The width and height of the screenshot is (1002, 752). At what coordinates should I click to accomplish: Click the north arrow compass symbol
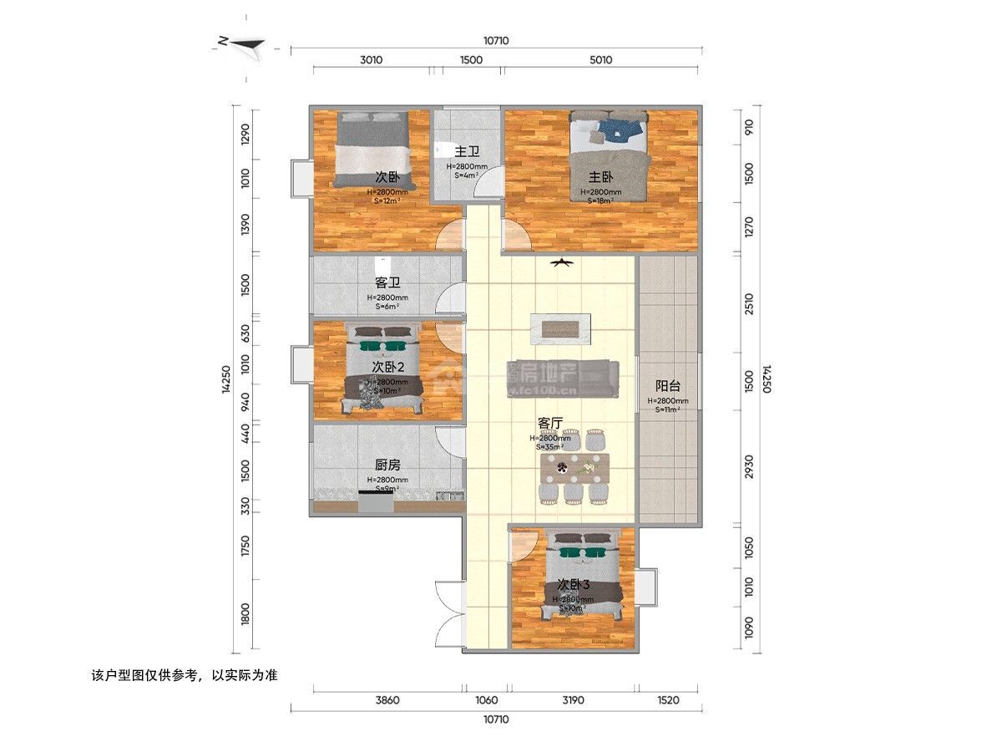[241, 43]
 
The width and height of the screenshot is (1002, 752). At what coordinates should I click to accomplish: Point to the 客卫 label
[387, 283]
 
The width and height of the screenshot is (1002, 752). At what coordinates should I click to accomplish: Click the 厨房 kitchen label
[387, 465]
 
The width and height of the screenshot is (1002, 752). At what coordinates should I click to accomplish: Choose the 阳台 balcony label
[668, 386]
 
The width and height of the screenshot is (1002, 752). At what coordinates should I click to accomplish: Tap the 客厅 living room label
[549, 423]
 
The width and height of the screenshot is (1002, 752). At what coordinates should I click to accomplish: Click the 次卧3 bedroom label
[574, 584]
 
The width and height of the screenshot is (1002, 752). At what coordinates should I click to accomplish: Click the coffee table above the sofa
[566, 327]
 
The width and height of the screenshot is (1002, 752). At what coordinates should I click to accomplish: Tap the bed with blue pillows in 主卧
[608, 155]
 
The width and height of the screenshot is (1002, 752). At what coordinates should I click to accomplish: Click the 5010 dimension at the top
[600, 59]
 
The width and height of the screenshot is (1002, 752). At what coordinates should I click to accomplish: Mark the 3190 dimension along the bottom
[573, 700]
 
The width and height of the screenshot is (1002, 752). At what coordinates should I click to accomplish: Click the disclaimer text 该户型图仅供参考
[183, 674]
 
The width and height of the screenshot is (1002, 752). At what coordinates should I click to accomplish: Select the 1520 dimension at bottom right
[668, 700]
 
